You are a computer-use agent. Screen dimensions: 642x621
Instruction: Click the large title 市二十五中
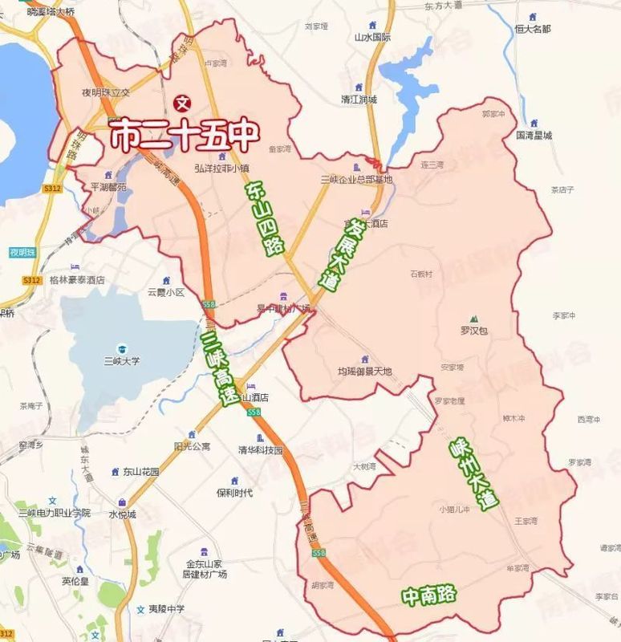point(183,136)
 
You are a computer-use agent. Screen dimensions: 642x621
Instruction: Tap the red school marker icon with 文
point(182,102)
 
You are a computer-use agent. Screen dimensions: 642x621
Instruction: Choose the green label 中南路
point(429,595)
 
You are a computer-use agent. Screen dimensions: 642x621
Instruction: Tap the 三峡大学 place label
point(120,360)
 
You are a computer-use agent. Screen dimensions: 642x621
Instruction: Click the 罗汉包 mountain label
point(473,330)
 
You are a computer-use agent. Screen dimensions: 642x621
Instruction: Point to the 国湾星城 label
point(534,135)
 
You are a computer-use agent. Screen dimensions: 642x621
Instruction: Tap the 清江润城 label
point(358,100)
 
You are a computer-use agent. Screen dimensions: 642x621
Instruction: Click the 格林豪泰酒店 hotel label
point(76,280)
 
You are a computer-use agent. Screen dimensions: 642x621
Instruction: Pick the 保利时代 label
point(234,492)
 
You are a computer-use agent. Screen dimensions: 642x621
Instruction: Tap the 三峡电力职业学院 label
point(55,512)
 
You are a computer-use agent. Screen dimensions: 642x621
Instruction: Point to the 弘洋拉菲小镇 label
point(224,168)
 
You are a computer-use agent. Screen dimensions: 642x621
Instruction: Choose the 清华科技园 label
point(261,450)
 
